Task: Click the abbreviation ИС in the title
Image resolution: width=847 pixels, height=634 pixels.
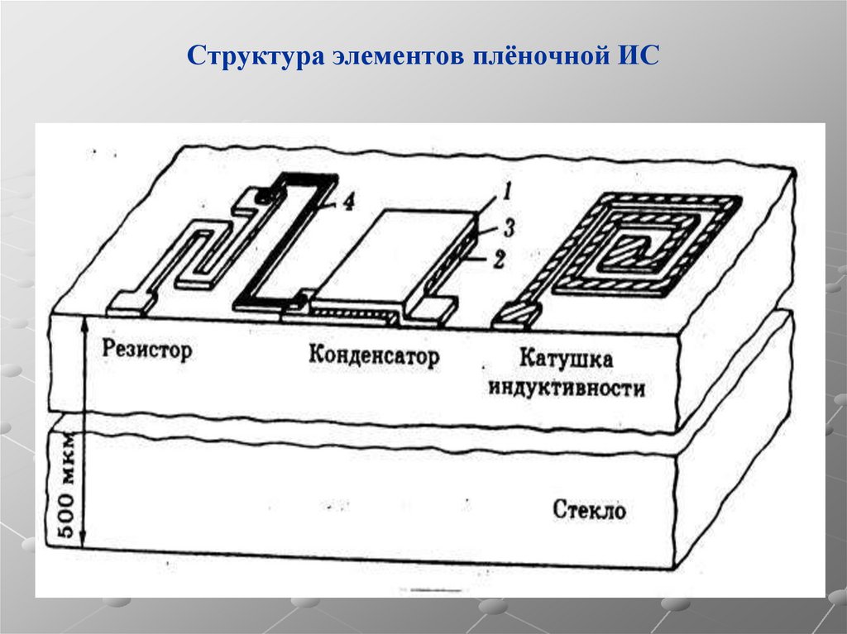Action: (x=636, y=59)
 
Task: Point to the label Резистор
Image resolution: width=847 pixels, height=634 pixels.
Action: (x=147, y=350)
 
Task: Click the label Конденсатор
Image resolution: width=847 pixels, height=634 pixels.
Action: (x=374, y=356)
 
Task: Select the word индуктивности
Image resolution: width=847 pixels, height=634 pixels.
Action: (x=567, y=388)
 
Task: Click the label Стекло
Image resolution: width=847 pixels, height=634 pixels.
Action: (x=589, y=510)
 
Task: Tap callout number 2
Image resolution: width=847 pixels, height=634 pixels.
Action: (x=498, y=260)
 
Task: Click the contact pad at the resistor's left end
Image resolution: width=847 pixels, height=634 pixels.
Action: (x=130, y=303)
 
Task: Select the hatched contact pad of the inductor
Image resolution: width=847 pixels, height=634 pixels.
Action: (x=517, y=313)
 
